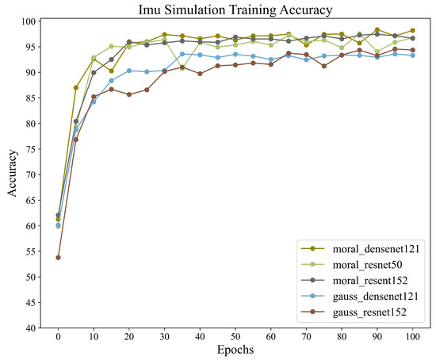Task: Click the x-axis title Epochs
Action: pos(235,350)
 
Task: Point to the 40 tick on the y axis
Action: pos(36,328)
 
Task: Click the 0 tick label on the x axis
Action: pos(58,336)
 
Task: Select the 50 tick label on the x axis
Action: pos(235,336)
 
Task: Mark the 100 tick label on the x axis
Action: pos(412,336)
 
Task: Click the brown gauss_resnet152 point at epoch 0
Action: pos(58,258)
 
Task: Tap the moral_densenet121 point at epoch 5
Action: pos(75,88)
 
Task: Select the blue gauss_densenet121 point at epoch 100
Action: pos(412,56)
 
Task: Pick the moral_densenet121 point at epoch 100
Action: pos(412,31)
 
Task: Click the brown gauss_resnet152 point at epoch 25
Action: pos(147,90)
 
